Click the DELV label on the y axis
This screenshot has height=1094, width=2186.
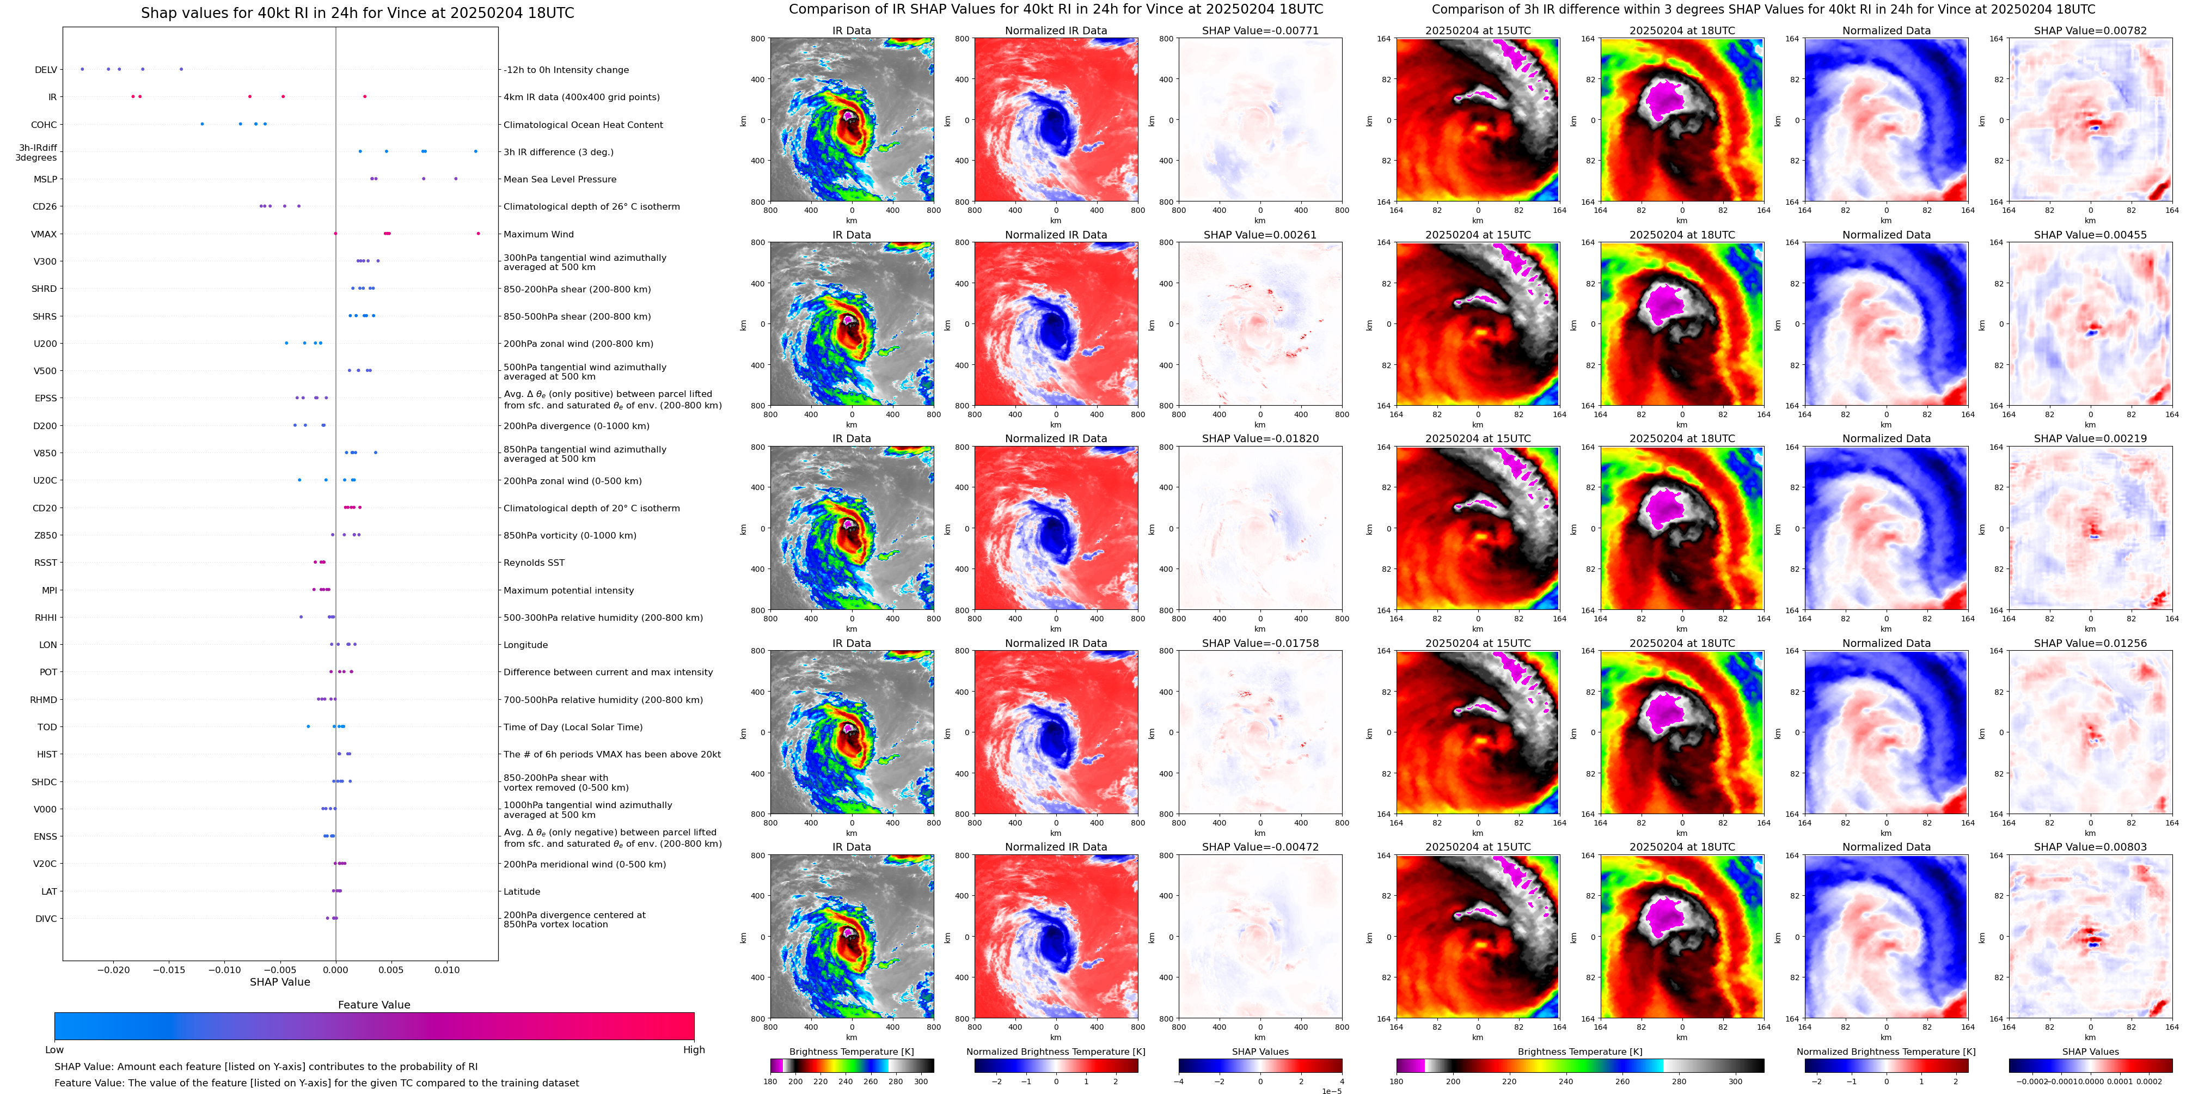(x=46, y=70)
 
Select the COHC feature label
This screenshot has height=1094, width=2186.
(x=44, y=125)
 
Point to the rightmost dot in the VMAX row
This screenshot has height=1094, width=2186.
(x=478, y=234)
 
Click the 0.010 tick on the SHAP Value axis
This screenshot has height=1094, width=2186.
(x=447, y=970)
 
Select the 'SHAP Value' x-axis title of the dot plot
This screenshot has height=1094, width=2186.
(x=280, y=982)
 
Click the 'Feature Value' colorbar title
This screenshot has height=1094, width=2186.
(x=373, y=1005)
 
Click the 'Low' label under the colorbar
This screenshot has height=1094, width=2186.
(x=54, y=1050)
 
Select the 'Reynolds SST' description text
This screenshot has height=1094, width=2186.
(x=534, y=563)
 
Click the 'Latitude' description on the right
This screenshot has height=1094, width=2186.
(x=522, y=891)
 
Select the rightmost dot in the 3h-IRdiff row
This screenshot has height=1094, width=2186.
(x=475, y=151)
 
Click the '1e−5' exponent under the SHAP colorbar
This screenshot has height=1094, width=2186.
(x=1331, y=1091)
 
